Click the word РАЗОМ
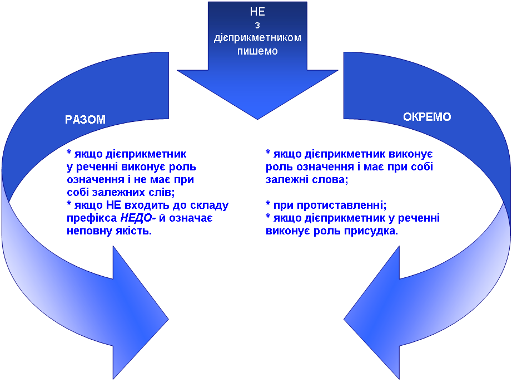pyautogui.click(x=85, y=119)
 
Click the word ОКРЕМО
pyautogui.click(x=427, y=117)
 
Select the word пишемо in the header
pyautogui.click(x=257, y=51)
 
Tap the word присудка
pyautogui.click(x=374, y=231)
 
